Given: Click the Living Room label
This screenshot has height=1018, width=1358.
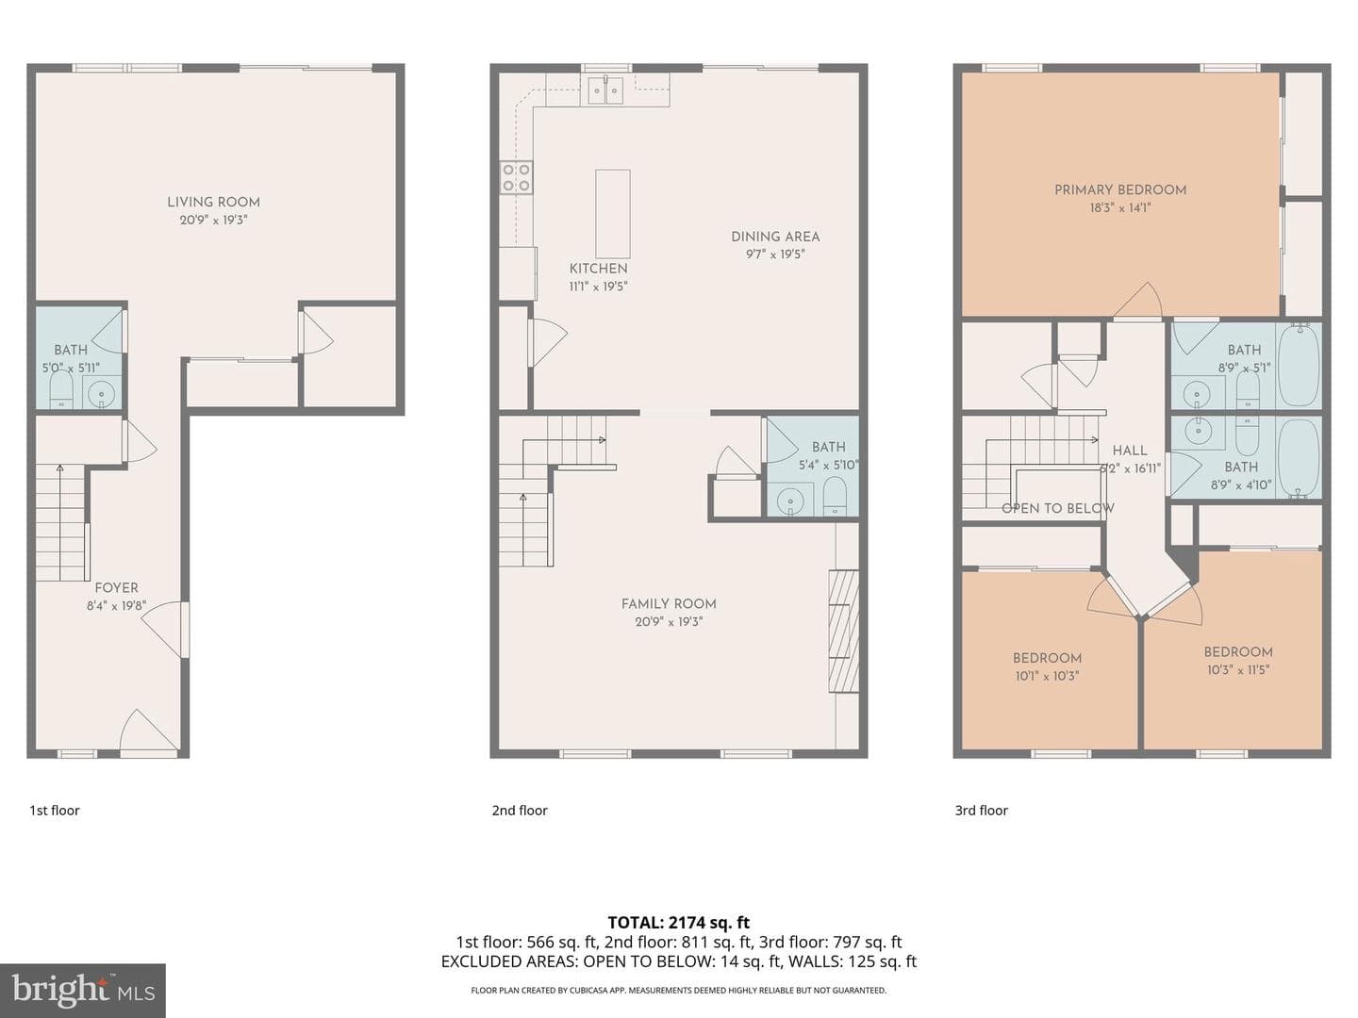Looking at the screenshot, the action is coord(213,202).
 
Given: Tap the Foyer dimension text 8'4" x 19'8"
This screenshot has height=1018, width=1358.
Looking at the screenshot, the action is coord(116,606).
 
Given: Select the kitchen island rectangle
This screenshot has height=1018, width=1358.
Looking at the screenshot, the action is coord(612,214).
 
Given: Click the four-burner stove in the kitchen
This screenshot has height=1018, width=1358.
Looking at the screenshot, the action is coord(517,177).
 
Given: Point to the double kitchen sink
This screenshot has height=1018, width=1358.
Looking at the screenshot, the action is coord(605,90).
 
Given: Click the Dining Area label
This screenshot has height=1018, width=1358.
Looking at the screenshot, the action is coord(775,237).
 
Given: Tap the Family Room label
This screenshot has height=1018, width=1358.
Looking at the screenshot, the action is coord(669,604).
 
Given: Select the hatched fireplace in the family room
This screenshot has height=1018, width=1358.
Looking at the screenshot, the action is coord(844,631).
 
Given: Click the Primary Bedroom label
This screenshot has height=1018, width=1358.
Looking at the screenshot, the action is coord(1120,189).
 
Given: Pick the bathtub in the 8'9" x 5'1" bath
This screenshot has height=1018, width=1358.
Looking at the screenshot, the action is coord(1299,366).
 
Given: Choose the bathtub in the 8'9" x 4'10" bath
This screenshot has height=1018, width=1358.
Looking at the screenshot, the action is coord(1299,458).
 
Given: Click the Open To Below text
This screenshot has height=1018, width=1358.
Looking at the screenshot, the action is coord(1058,508).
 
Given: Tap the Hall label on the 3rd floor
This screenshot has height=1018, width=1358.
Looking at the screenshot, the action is coord(1130,451).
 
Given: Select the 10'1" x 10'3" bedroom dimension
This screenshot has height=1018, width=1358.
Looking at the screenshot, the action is coord(1048,676).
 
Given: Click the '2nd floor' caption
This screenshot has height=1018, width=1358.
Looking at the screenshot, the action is coord(520,811).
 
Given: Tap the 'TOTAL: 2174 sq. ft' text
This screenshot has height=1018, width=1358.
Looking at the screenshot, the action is coord(679,923).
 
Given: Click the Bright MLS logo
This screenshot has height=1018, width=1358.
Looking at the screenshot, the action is coord(83,991).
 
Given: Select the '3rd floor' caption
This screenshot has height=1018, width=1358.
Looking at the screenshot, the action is coord(981,811).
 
